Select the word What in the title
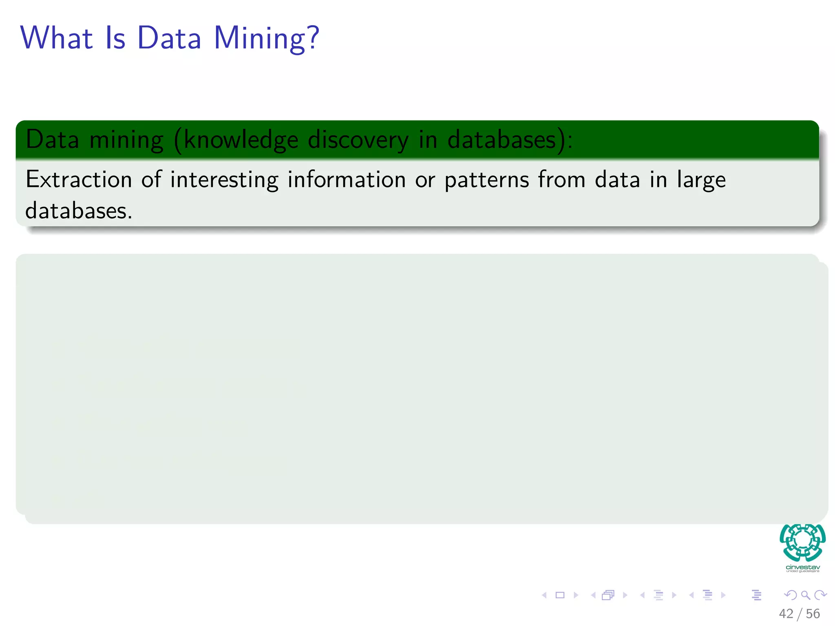[57, 38]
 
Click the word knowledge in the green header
[241, 140]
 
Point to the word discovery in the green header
[358, 140]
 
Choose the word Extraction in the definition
[79, 180]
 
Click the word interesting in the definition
[224, 180]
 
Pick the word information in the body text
[347, 180]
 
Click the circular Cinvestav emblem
[802, 543]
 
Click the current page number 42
[786, 614]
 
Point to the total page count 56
[813, 614]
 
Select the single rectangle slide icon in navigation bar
[560, 595]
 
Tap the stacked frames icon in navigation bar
[608, 595]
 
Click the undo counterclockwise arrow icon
[791, 595]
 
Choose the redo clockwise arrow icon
[820, 595]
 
